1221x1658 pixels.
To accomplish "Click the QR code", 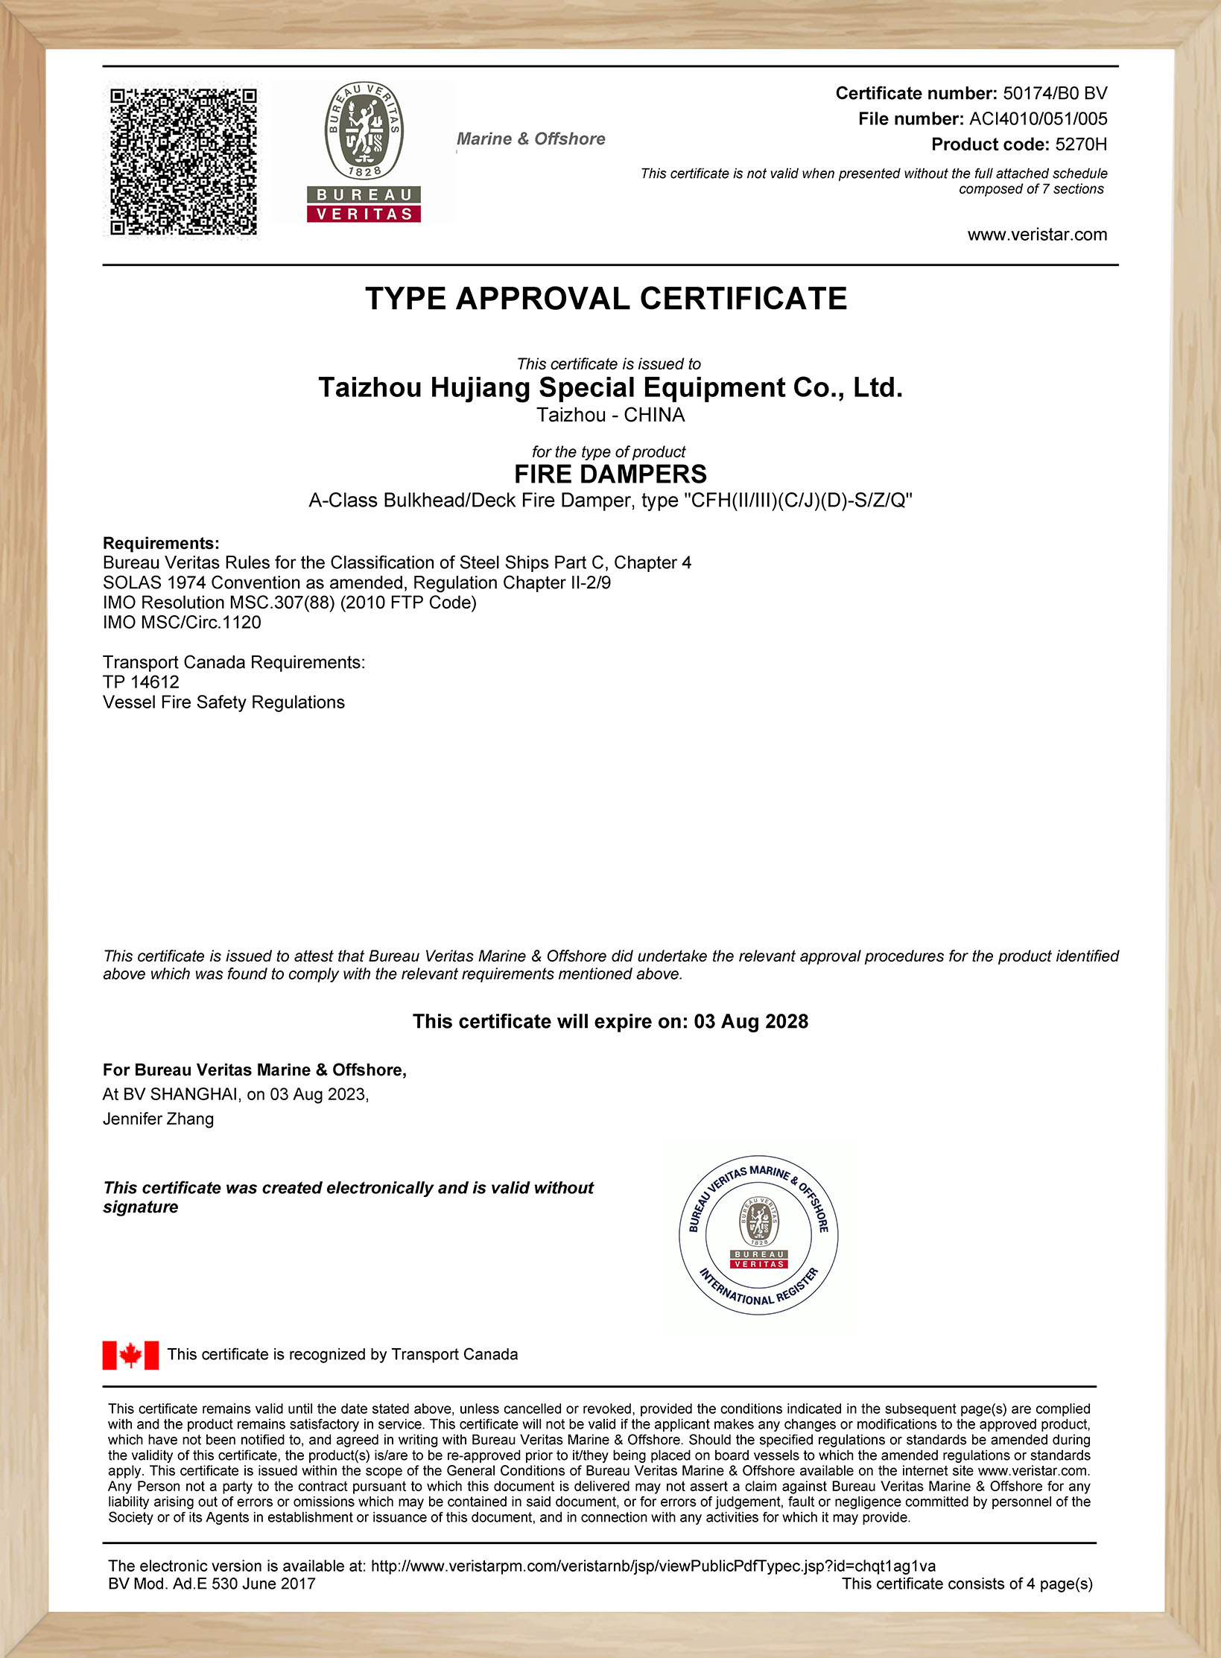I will (183, 161).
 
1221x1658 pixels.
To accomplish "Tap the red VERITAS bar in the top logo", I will (364, 214).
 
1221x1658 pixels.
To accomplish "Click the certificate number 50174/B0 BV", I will (1054, 93).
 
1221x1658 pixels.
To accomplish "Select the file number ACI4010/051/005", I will (1038, 118).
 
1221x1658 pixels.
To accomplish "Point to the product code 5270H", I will (1081, 144).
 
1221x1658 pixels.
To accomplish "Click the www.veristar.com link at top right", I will (1037, 235).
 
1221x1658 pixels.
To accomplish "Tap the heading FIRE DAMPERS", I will (610, 474).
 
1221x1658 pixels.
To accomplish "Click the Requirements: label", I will (161, 543).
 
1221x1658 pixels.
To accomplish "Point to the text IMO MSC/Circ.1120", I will (182, 622).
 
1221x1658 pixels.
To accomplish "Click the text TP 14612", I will (141, 682).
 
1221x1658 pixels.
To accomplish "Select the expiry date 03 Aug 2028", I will (751, 1021).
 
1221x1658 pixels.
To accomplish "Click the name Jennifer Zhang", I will (158, 1119).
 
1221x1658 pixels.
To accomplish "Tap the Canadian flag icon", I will (130, 1355).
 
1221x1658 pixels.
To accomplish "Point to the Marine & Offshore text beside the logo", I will (531, 139).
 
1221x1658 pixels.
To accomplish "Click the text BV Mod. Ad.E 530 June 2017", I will (212, 1584).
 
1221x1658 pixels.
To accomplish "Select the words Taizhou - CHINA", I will (610, 415).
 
